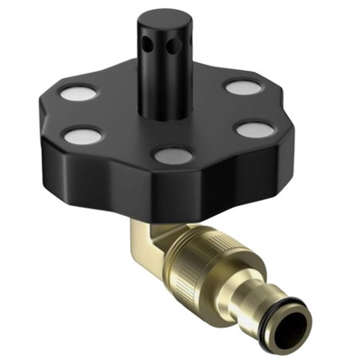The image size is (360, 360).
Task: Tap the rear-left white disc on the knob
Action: (76, 94)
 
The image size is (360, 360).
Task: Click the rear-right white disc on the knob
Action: (240, 87)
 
